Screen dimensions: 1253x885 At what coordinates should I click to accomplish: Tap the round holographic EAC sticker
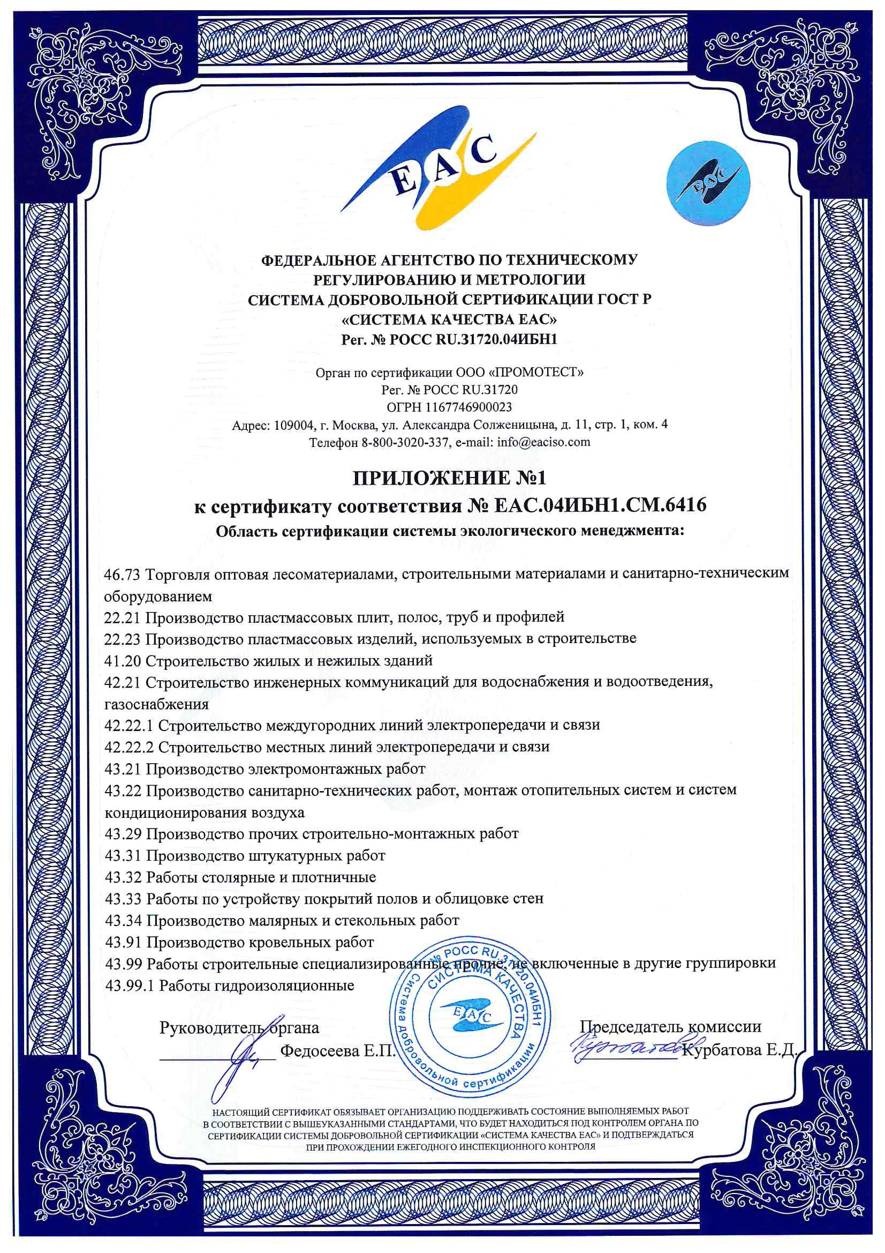click(x=708, y=183)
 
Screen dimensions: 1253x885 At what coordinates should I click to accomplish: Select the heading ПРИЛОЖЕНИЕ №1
click(x=449, y=478)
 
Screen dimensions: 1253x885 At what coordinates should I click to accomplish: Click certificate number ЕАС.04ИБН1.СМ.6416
click(x=600, y=505)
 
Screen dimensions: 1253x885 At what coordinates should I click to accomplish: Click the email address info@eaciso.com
click(x=543, y=442)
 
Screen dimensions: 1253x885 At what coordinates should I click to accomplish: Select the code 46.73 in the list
click(x=122, y=574)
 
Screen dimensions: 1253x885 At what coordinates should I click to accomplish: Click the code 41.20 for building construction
click(x=122, y=661)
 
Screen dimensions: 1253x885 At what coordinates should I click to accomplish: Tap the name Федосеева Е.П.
click(x=337, y=1050)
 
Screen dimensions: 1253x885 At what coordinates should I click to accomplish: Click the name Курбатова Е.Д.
click(x=739, y=1049)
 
